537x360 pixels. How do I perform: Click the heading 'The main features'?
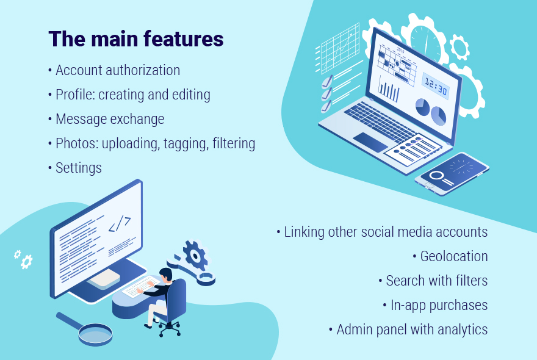pyautogui.click(x=136, y=38)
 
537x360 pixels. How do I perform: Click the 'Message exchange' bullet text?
pyautogui.click(x=110, y=119)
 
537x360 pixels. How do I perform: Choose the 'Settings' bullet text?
pyautogui.click(x=79, y=168)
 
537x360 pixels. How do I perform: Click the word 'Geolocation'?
pyautogui.click(x=454, y=256)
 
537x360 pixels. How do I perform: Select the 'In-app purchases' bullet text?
pyautogui.click(x=439, y=305)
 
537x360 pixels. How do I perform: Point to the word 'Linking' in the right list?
pyautogui.click(x=304, y=232)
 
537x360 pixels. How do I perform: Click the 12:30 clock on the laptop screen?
pyautogui.click(x=436, y=86)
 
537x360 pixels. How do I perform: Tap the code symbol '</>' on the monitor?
pyautogui.click(x=120, y=224)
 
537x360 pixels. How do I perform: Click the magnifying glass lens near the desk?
pyautogui.click(x=95, y=333)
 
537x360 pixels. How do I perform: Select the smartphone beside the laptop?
pyautogui.click(x=452, y=174)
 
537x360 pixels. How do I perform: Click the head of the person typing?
pyautogui.click(x=166, y=275)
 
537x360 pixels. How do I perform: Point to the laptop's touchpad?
pyautogui.click(x=370, y=142)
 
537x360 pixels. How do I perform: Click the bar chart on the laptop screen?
pyautogui.click(x=389, y=89)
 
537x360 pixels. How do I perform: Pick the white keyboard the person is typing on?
pyautogui.click(x=141, y=287)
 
